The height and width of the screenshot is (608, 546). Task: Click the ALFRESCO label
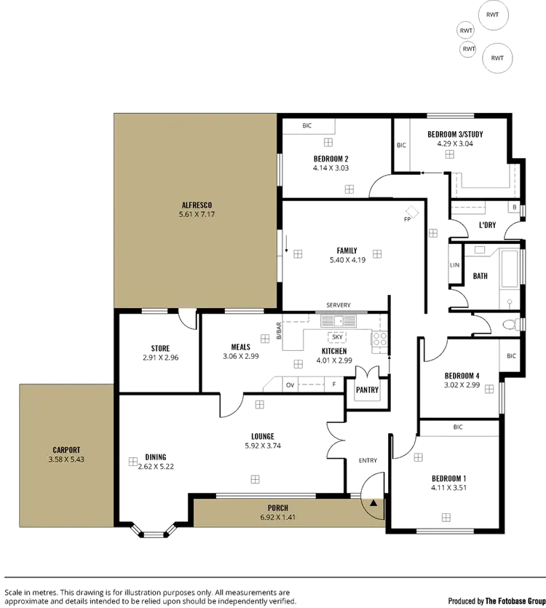click(194, 205)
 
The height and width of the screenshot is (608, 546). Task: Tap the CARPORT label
click(66, 450)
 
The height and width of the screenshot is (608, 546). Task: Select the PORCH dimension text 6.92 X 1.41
click(278, 518)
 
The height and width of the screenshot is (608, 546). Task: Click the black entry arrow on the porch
click(373, 502)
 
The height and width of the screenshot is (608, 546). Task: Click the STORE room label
click(159, 348)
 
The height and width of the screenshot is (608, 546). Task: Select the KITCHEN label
click(333, 350)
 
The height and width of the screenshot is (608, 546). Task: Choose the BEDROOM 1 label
click(451, 478)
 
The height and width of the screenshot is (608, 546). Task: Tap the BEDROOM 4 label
click(462, 376)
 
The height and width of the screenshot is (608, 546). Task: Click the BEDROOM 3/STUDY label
click(456, 135)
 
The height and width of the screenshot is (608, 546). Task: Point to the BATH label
click(480, 276)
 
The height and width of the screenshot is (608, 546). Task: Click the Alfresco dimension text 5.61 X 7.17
click(194, 216)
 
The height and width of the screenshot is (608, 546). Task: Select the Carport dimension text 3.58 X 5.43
click(66, 460)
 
